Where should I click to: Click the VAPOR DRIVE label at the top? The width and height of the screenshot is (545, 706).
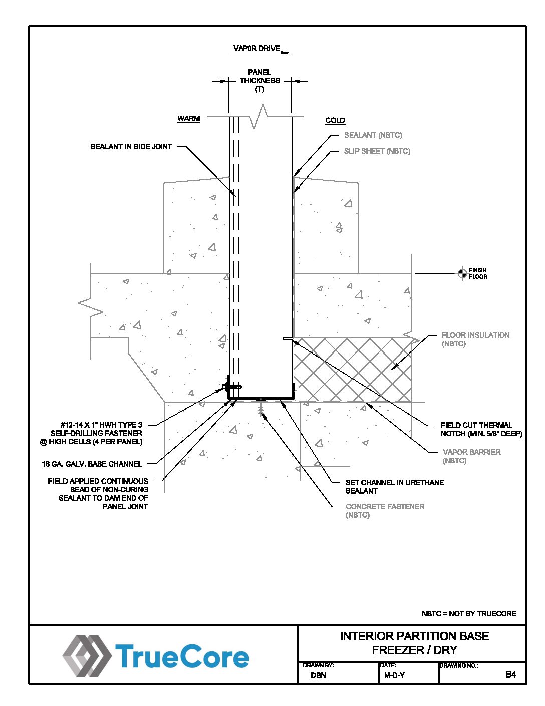[x=257, y=48]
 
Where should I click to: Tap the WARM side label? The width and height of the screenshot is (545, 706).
[x=188, y=119]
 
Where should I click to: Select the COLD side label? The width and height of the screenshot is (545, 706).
[x=335, y=120]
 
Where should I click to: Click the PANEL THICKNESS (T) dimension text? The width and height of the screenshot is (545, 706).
[x=259, y=81]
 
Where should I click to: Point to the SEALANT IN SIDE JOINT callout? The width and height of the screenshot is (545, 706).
[x=131, y=147]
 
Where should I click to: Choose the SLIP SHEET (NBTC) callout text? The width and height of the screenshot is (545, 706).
[x=377, y=151]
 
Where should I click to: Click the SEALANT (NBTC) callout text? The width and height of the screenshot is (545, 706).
[x=373, y=135]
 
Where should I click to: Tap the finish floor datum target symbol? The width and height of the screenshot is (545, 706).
[x=462, y=273]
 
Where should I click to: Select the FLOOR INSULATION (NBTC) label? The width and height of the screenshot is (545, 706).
[x=475, y=339]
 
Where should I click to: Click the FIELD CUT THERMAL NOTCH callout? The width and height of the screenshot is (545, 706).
[x=481, y=429]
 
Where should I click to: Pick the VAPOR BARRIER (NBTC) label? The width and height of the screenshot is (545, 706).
[x=472, y=456]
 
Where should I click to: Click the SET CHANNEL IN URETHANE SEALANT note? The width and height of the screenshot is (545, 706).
[x=394, y=487]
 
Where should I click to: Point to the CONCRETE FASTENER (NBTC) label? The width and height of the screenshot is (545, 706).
[x=385, y=511]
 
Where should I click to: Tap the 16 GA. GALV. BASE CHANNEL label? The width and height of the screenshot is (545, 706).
[x=92, y=464]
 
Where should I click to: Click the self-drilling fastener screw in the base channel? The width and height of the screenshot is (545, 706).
[x=232, y=387]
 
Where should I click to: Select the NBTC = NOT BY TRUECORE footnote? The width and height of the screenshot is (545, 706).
[x=469, y=613]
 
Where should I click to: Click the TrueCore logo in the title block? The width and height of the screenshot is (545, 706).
[x=156, y=656]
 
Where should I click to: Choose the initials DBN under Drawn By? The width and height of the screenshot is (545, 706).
[x=318, y=675]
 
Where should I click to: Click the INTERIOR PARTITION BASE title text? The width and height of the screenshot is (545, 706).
[x=414, y=636]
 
